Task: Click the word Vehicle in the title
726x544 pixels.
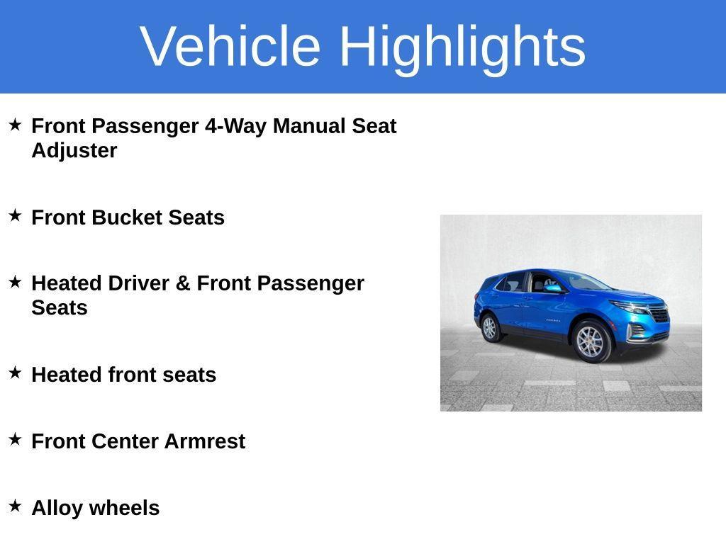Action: (230, 46)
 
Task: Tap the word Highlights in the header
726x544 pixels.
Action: (462, 46)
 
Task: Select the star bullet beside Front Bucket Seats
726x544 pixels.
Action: (16, 215)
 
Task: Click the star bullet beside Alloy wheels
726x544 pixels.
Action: (16, 506)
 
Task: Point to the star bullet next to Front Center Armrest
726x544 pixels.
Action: (16, 439)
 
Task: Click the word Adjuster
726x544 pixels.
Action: (74, 151)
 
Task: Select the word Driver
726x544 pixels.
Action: (138, 283)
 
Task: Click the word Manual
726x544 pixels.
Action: (310, 126)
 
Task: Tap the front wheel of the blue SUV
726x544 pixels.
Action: (590, 341)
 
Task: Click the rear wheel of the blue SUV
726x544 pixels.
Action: (489, 327)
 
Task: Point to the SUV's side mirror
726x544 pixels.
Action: (552, 288)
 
